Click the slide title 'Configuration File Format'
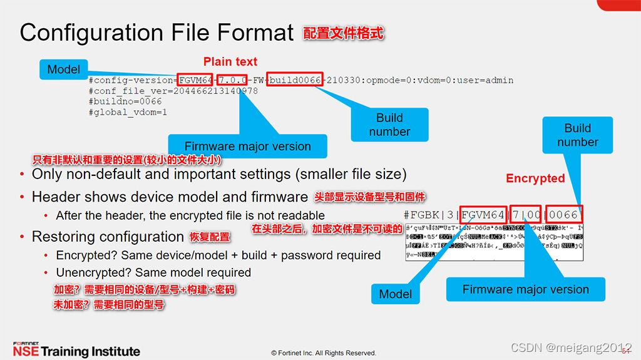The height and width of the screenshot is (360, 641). click(x=156, y=33)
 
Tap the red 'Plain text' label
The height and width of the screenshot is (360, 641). click(x=230, y=61)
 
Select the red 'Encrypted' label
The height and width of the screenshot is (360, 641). click(x=535, y=178)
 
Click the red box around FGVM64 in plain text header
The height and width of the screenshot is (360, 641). click(x=195, y=80)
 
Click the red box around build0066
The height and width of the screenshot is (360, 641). click(x=295, y=80)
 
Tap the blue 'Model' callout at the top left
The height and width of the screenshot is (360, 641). click(x=64, y=69)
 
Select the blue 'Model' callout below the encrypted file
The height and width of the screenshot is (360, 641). click(x=396, y=294)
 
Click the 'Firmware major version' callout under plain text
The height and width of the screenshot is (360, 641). click(x=248, y=147)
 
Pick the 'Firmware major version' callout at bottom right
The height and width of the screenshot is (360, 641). click(x=526, y=290)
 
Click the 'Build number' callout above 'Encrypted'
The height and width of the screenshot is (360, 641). click(x=577, y=135)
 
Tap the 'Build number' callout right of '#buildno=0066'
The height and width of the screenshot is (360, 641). click(x=389, y=125)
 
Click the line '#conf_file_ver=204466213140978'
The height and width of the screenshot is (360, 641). click(x=173, y=91)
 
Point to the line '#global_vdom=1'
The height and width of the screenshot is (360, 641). click(x=128, y=112)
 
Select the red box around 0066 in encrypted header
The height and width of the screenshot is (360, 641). click(x=564, y=215)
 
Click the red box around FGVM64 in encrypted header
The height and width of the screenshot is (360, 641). click(x=483, y=215)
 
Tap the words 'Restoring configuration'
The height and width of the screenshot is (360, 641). click(x=108, y=237)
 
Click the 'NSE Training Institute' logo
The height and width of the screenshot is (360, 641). click(x=76, y=349)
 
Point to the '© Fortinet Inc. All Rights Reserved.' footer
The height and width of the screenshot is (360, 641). click(x=324, y=353)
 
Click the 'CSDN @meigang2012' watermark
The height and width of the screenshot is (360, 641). click(x=571, y=347)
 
